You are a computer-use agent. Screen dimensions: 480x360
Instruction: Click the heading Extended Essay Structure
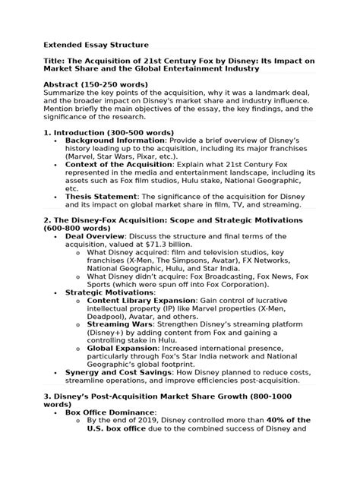(95, 45)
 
